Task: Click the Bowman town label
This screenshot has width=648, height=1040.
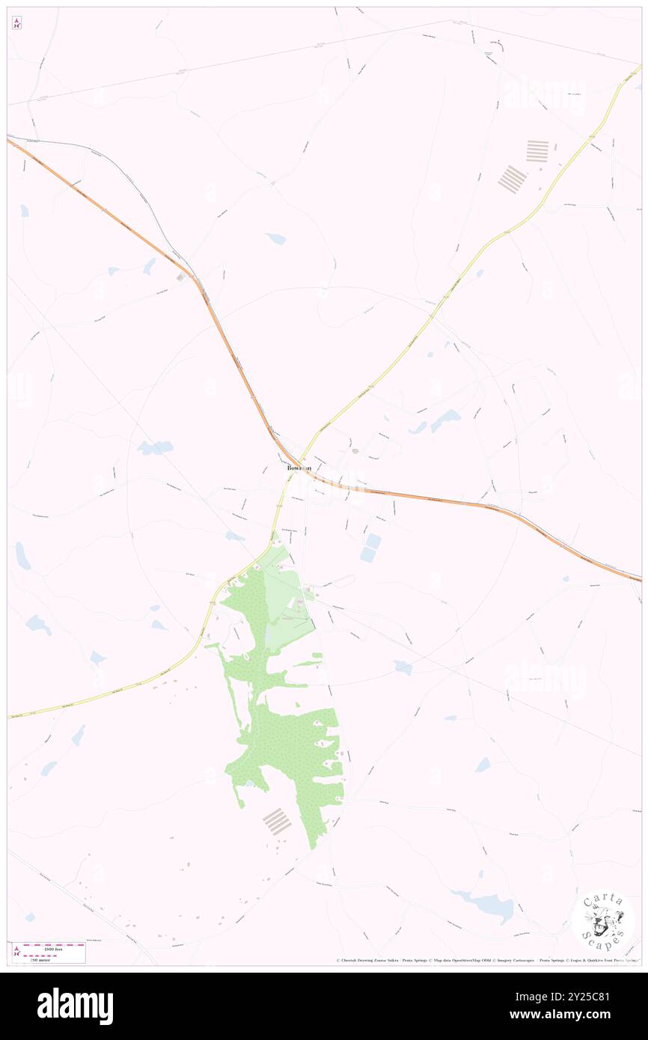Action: [x=299, y=468]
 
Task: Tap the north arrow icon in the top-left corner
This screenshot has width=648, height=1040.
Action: [x=16, y=23]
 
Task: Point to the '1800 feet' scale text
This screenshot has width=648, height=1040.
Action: [x=53, y=949]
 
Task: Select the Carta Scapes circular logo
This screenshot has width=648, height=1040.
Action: [x=603, y=923]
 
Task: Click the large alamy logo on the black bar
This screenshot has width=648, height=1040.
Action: [x=75, y=1006]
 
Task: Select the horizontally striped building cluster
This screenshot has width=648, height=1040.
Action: [x=537, y=151]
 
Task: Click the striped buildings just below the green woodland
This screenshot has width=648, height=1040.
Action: [x=277, y=822]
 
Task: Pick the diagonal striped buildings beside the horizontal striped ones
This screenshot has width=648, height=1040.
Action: [x=513, y=180]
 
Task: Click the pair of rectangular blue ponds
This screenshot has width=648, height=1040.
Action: [x=370, y=548]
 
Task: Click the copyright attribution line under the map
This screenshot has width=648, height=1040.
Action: [x=486, y=960]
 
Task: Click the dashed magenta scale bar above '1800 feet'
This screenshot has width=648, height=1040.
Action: [x=55, y=944]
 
